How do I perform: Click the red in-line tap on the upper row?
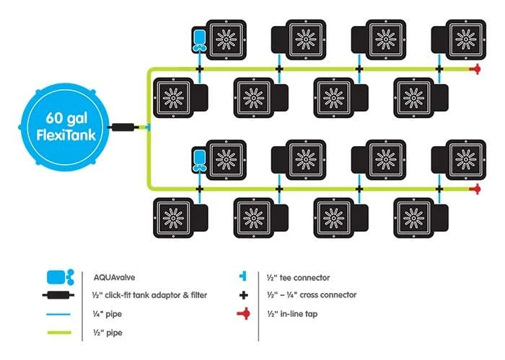tap(475, 69)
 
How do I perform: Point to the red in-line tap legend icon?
tap(245, 313)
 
